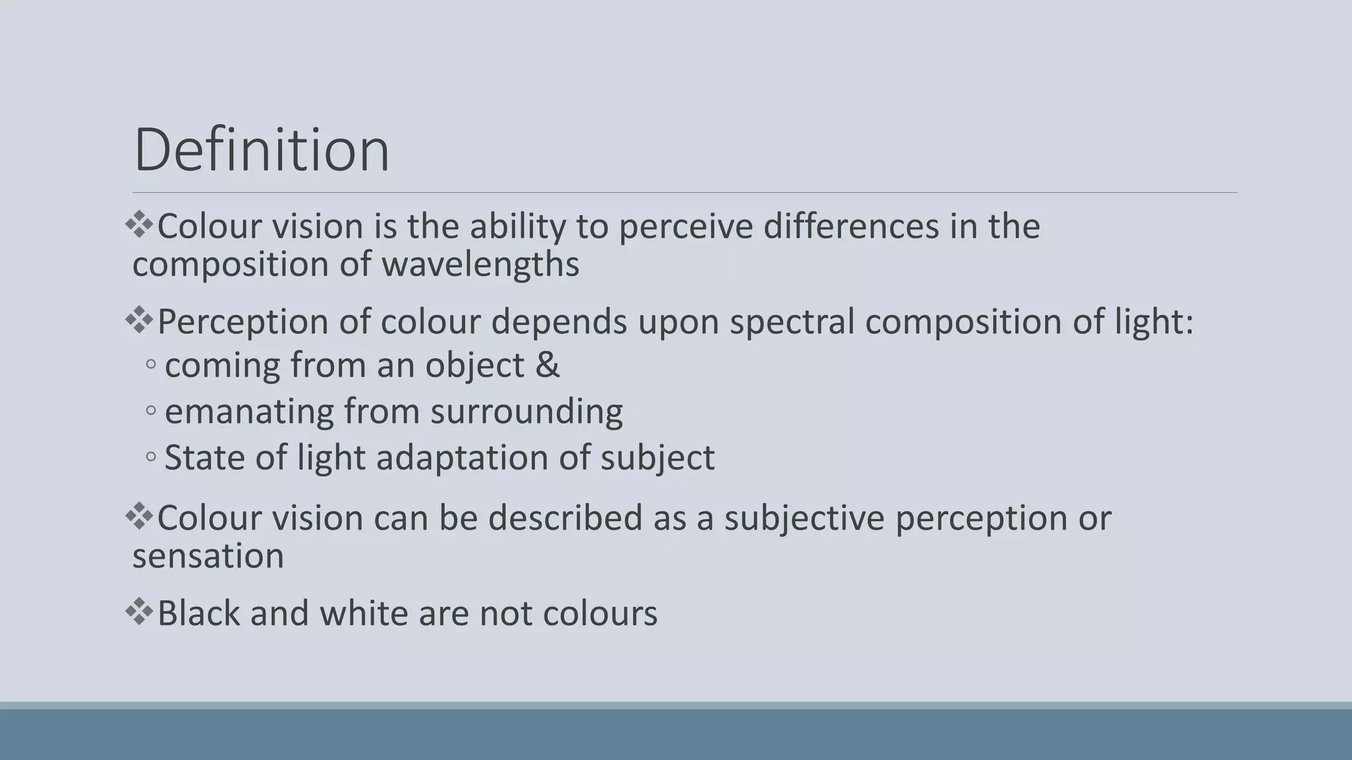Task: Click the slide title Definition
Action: [x=261, y=150]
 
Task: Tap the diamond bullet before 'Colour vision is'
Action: [x=139, y=225]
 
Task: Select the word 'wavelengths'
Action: [x=480, y=265]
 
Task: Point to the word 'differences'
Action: [x=851, y=226]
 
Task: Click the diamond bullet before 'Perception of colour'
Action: [x=139, y=321]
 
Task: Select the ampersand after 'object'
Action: [x=547, y=365]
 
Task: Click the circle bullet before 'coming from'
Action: [x=151, y=365]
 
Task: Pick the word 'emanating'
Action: [x=249, y=412]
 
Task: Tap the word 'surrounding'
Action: [x=526, y=412]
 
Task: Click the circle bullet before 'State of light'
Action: [x=151, y=457]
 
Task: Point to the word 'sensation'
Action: [x=208, y=555]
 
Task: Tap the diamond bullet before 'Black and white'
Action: [x=139, y=612]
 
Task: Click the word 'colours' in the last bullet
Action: [x=600, y=613]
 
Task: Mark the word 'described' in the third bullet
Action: [x=565, y=517]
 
